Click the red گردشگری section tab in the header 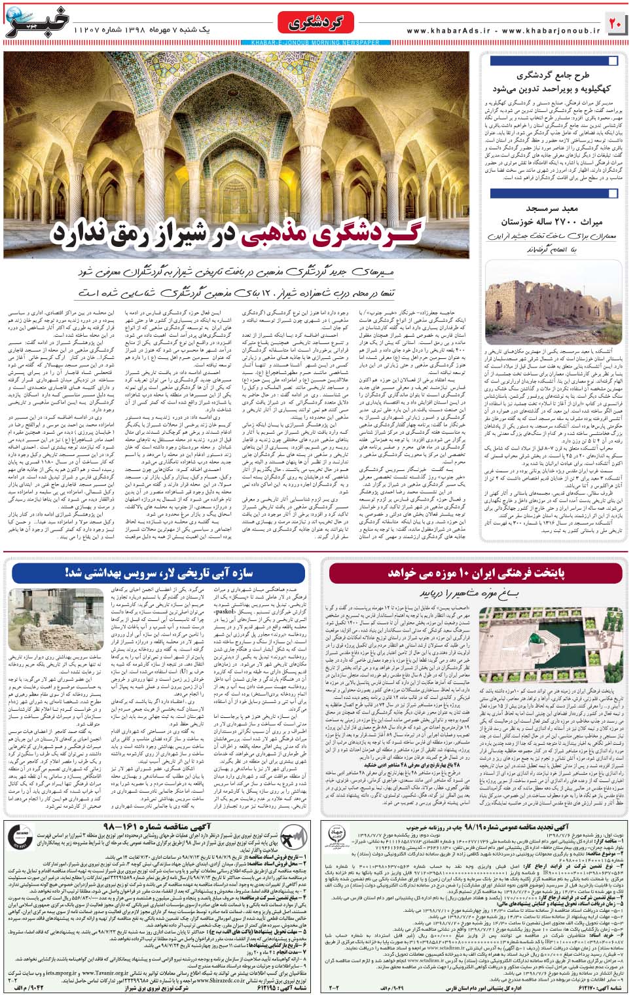coord(320,24)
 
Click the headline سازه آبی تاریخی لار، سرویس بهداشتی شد coord(158,573)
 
